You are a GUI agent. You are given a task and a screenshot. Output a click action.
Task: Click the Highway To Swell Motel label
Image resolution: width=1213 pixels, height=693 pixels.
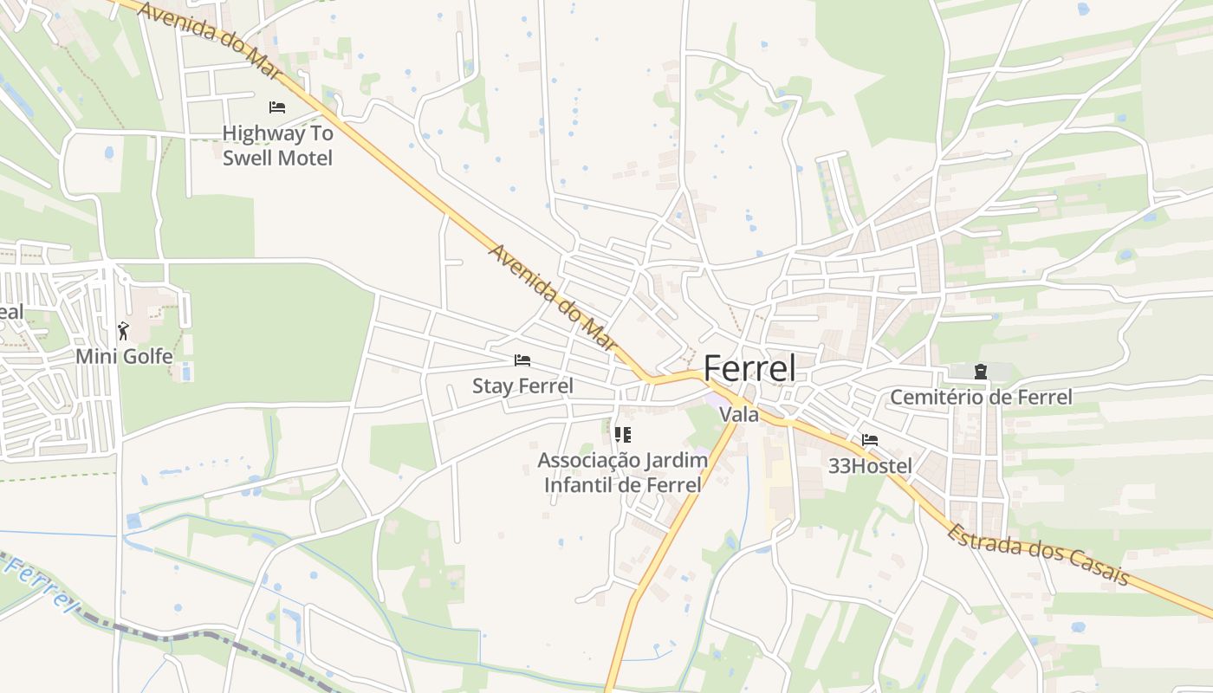pos(277,146)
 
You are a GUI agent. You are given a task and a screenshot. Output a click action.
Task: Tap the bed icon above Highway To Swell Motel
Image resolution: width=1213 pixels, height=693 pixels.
pos(277,107)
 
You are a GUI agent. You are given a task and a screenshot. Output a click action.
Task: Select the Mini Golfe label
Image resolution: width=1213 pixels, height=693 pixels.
pos(124,356)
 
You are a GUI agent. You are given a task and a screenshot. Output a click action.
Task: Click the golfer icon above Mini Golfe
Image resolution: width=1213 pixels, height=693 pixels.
pos(123,330)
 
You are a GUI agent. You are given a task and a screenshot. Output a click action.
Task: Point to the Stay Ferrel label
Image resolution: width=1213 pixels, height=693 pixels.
pos(522,385)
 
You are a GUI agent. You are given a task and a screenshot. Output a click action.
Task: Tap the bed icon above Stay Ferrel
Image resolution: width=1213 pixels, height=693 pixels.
pos(522,360)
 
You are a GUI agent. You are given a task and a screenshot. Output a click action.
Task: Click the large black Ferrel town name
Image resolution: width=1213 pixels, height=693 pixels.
pos(749,369)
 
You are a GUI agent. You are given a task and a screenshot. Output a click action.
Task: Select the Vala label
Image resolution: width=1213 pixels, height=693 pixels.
pos(739,415)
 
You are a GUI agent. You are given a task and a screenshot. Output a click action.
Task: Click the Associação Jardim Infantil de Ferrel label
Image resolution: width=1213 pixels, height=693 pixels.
pos(622,472)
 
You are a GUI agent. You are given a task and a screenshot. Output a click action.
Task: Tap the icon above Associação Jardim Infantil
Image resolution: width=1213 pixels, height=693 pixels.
pos(622,434)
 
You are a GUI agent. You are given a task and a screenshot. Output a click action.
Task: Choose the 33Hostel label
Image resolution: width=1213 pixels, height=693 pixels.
pos(870,466)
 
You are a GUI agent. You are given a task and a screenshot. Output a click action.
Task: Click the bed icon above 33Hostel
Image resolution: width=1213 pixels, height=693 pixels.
pos(870,440)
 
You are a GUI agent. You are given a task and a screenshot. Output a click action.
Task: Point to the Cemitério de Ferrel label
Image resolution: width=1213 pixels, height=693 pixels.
pos(981,398)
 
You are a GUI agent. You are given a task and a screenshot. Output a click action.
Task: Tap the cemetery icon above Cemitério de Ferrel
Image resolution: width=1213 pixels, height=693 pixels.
pos(981,372)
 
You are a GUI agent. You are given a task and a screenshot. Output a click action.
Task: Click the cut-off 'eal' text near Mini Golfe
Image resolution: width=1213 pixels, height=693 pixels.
pos(11,312)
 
